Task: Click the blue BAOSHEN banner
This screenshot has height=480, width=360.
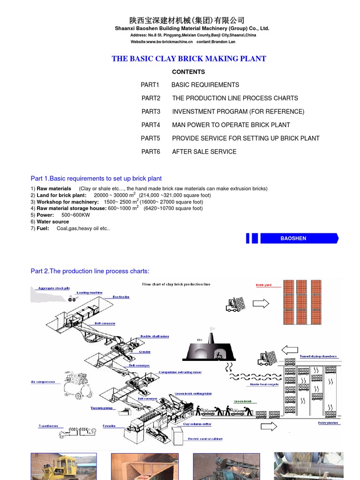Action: (x=293, y=238)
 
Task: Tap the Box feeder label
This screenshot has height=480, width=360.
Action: (x=121, y=297)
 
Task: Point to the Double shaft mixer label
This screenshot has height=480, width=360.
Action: (x=155, y=336)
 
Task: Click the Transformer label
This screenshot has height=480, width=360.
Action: (x=48, y=426)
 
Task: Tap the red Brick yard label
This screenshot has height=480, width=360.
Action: (x=263, y=285)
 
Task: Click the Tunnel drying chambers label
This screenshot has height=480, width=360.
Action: (x=318, y=356)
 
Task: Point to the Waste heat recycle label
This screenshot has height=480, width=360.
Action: (x=264, y=384)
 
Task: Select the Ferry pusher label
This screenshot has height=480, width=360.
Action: (x=328, y=423)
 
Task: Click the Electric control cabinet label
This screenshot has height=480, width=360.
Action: (x=205, y=439)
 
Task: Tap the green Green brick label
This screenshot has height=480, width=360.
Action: (x=242, y=402)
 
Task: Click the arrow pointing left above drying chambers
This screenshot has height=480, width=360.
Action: (x=290, y=350)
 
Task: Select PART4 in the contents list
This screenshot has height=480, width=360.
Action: (x=150, y=125)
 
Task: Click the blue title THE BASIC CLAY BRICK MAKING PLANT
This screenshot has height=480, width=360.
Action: (x=188, y=59)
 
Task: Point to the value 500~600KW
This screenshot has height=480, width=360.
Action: (x=75, y=215)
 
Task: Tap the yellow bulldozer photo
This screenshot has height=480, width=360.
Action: (x=63, y=466)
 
